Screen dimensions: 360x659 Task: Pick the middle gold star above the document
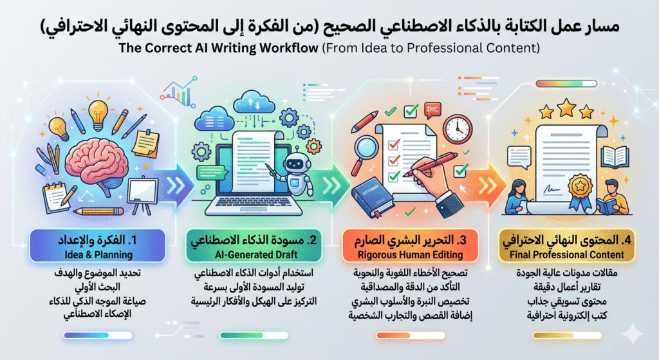[x=566, y=106]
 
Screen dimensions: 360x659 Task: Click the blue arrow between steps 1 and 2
[x=176, y=182]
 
